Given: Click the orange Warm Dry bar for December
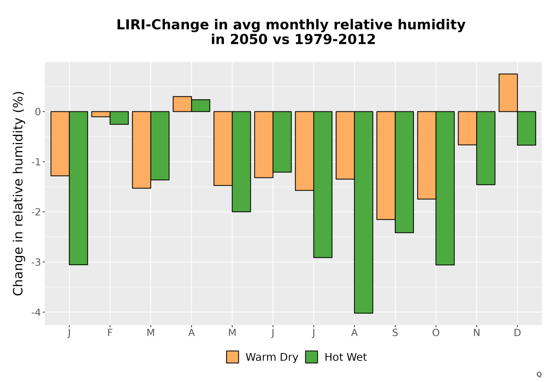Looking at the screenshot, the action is pyautogui.click(x=508, y=93).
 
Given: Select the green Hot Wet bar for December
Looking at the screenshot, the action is pyautogui.click(x=526, y=128).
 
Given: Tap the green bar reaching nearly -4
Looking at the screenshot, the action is pyautogui.click(x=364, y=212).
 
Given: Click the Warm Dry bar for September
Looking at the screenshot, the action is pyautogui.click(x=386, y=165).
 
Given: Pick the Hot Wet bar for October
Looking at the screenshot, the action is pyautogui.click(x=445, y=188).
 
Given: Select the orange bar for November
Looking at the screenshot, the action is pyautogui.click(x=467, y=128).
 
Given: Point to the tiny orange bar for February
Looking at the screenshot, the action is pyautogui.click(x=100, y=114).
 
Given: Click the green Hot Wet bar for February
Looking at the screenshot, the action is pyautogui.click(x=119, y=118).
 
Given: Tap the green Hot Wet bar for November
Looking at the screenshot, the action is pyautogui.click(x=486, y=148).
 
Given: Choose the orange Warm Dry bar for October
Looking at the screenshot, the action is pyautogui.click(x=426, y=155).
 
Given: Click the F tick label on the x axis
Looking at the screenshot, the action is pyautogui.click(x=110, y=333).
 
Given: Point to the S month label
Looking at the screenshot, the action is pyautogui.click(x=395, y=333).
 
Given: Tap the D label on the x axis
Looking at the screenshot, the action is pyautogui.click(x=518, y=333).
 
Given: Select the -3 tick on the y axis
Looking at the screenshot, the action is pyautogui.click(x=36, y=262).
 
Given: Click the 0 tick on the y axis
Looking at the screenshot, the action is pyautogui.click(x=38, y=112).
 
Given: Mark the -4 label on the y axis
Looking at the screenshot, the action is pyautogui.click(x=36, y=312).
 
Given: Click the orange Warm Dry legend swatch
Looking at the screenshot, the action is pyautogui.click(x=233, y=357).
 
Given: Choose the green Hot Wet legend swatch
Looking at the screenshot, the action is pyautogui.click(x=312, y=357).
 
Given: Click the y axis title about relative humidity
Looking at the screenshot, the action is pyautogui.click(x=18, y=193).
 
